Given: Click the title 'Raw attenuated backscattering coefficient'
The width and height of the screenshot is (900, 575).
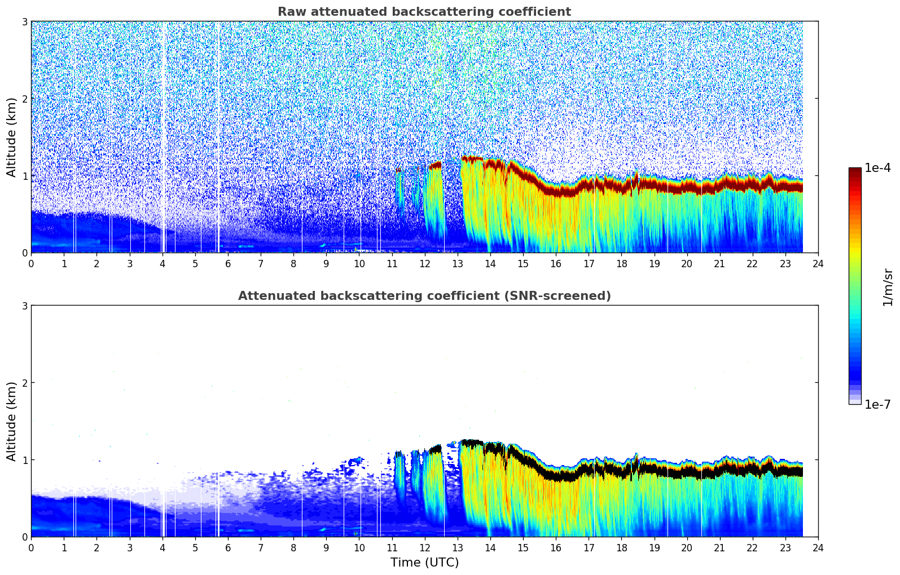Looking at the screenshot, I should (424, 12).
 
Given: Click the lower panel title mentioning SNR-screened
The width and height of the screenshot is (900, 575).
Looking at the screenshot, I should (424, 296).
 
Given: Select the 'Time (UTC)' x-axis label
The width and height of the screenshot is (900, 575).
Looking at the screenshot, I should (424, 563).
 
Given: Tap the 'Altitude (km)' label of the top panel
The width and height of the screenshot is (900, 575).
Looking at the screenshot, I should (12, 137).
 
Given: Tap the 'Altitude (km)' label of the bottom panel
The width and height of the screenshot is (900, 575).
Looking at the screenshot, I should (12, 421).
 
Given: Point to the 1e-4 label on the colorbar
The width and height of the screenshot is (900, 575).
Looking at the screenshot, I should (877, 168).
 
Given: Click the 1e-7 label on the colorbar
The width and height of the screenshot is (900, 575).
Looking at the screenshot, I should (877, 404).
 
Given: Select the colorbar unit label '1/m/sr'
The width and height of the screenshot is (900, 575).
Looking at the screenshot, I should (888, 287).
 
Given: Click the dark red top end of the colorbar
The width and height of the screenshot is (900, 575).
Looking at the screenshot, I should (854, 171).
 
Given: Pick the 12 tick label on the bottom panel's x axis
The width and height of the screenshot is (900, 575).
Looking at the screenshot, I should (424, 548).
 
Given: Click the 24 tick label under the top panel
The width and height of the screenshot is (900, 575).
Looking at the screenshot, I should (818, 264).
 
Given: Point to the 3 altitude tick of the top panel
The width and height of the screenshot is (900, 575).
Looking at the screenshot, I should (24, 21).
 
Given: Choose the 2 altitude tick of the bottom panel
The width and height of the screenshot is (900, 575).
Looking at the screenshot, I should (24, 383).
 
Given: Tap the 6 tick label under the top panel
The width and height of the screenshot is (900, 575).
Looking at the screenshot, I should (228, 264).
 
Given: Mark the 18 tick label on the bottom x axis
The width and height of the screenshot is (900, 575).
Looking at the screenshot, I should (621, 548).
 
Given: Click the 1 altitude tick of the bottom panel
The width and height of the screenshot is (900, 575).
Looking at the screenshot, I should (24, 460).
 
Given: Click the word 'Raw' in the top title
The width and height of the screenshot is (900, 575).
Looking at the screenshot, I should (289, 12).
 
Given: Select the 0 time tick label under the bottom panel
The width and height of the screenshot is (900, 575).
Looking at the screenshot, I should (31, 548).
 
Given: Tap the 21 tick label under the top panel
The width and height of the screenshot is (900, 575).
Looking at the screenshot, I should (719, 264).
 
